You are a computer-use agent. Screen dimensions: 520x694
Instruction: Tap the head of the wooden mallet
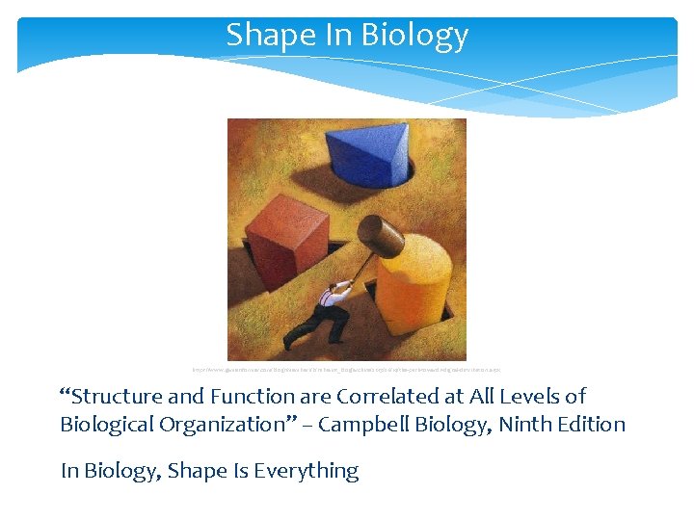pos(380,235)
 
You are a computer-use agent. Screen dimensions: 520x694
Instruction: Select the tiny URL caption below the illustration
pos(347,369)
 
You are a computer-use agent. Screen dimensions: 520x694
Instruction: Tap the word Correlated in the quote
pos(386,396)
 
